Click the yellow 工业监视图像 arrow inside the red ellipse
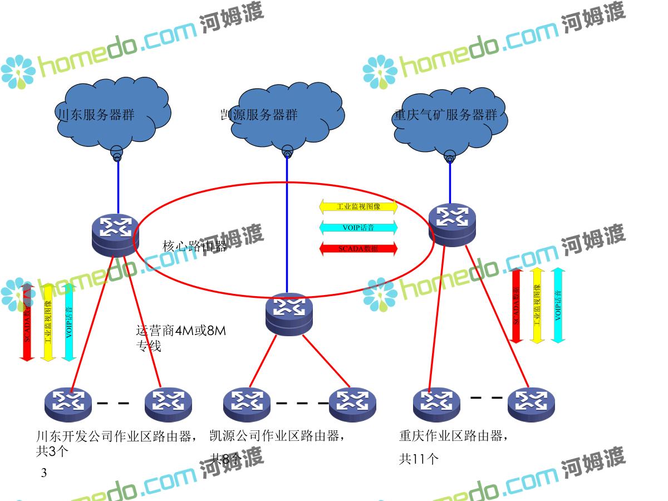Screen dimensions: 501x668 [358, 207]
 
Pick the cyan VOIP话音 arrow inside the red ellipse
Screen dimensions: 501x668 [358, 227]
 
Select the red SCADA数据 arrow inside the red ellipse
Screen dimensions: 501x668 [358, 248]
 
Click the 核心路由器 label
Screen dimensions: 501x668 [194, 246]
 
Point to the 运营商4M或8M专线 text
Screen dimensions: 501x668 [181, 338]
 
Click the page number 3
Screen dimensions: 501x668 [45, 473]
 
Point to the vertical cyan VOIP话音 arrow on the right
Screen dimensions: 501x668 [558, 305]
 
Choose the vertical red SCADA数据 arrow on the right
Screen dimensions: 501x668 [517, 305]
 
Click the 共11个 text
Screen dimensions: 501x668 [419, 459]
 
